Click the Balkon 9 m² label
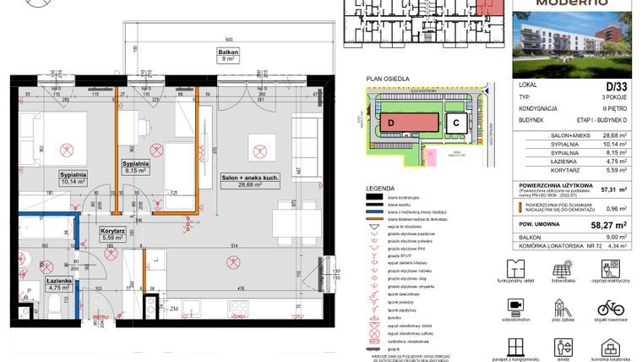(226, 55)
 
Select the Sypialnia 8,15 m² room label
(135, 166)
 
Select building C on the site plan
(454, 123)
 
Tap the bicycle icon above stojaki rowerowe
(610, 307)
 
